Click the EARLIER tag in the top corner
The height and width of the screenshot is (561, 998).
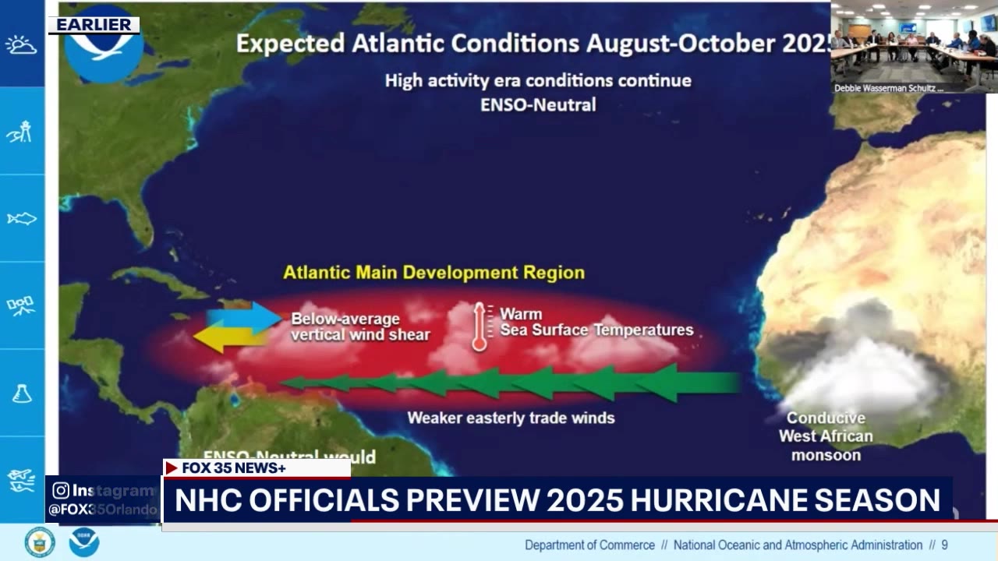[x=94, y=25]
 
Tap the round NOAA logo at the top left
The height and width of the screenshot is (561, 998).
[x=104, y=47]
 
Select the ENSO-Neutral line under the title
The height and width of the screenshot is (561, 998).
[x=538, y=104]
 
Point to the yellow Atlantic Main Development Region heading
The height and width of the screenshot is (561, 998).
[x=434, y=273]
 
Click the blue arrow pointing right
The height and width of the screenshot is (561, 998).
[x=244, y=318]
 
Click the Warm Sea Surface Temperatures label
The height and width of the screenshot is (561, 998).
[x=596, y=323]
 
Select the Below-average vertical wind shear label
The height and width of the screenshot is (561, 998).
[x=360, y=327]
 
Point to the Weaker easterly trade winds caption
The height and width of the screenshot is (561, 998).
[x=511, y=418]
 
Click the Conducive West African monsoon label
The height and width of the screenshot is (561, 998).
[x=826, y=436]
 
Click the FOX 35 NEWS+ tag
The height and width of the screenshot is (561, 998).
[x=233, y=467]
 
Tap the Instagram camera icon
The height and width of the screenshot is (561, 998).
[x=61, y=491]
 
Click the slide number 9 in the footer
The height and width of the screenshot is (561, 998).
[x=944, y=545]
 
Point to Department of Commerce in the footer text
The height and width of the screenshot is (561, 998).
[x=589, y=545]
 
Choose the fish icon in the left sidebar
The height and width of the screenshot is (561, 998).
[x=22, y=219]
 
